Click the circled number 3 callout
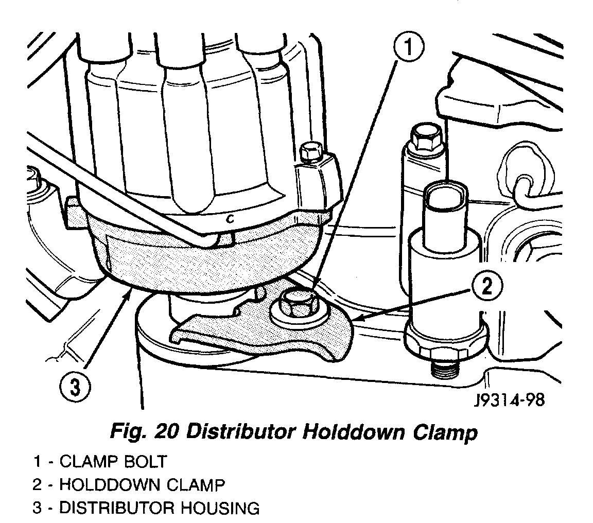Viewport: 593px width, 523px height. pyautogui.click(x=75, y=386)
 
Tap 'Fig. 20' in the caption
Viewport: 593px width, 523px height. pyautogui.click(x=144, y=432)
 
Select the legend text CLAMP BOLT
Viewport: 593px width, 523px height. pyautogui.click(x=113, y=461)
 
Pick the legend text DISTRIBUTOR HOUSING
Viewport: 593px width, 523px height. pyautogui.click(x=160, y=509)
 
